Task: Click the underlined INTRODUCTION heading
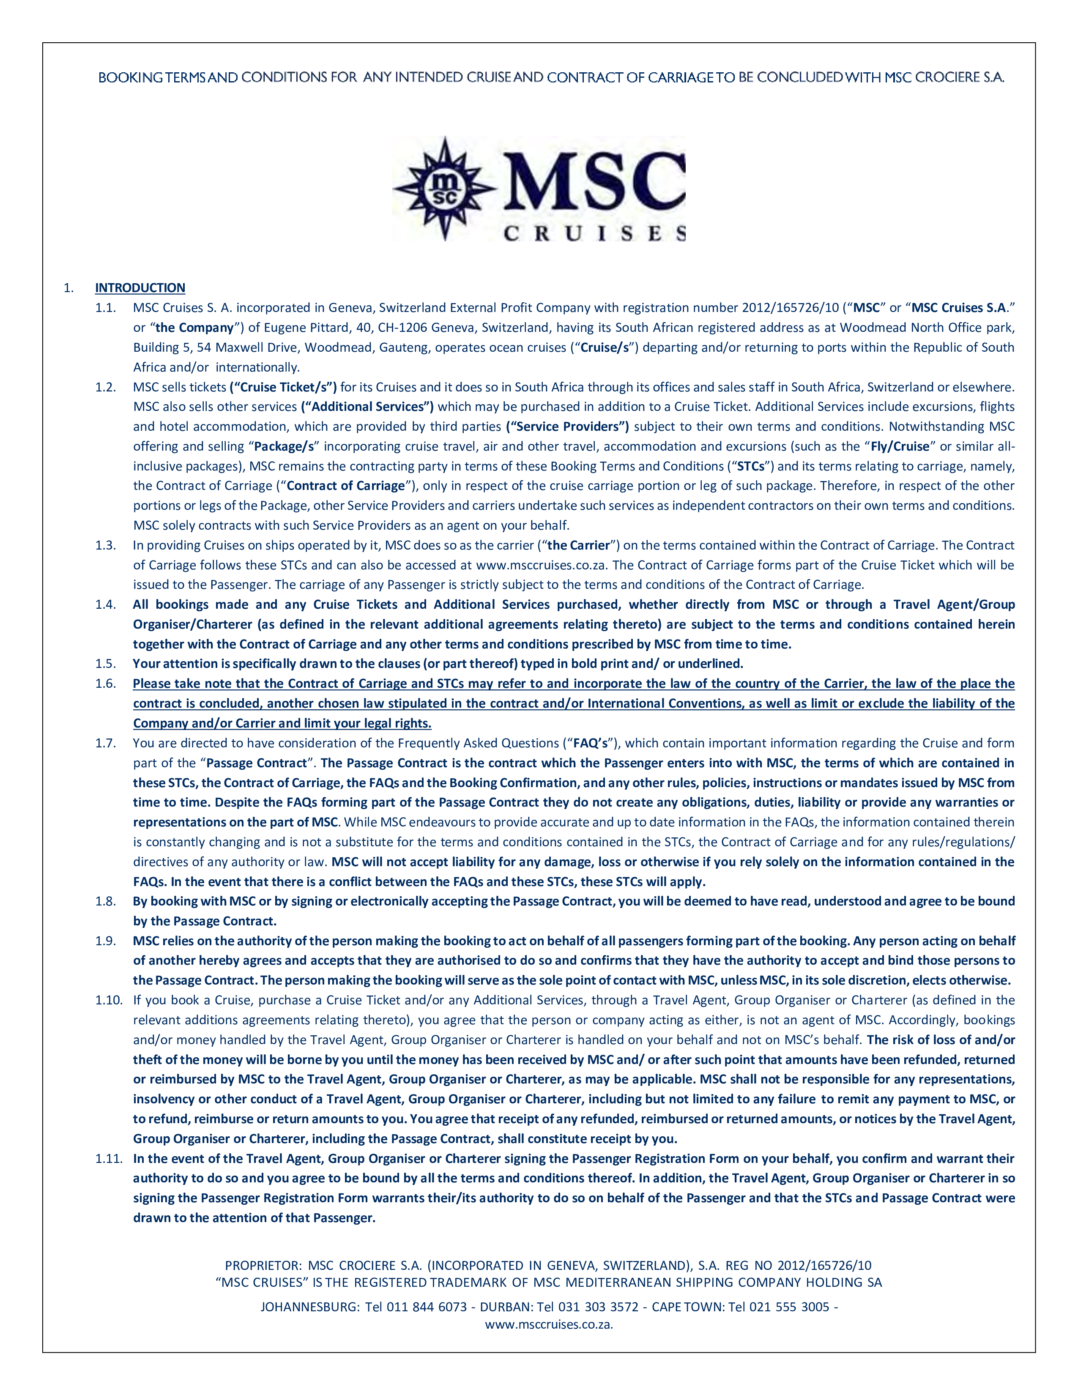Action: coord(140,288)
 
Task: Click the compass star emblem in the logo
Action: coord(444,189)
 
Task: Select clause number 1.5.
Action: coord(105,664)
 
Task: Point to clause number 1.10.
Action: coord(109,1000)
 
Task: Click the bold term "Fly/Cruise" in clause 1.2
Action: coord(900,446)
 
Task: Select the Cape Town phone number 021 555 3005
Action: coord(789,1307)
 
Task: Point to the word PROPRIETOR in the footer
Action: coord(263,1265)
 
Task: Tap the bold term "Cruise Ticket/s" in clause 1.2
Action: coord(283,387)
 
